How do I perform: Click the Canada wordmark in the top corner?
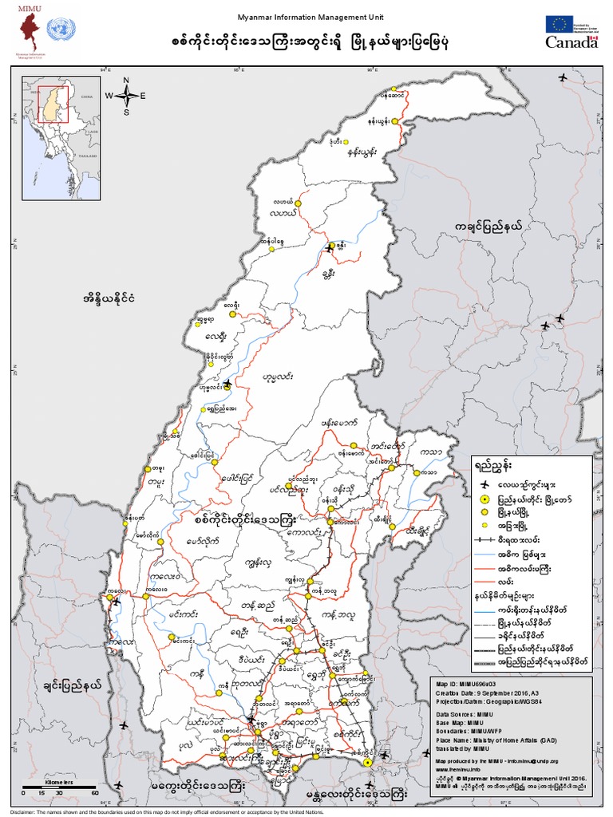coord(571,42)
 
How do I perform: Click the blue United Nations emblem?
coord(57,30)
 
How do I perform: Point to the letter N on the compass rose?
coord(126,81)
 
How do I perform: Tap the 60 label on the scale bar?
coord(94,793)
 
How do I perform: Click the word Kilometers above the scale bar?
coord(59,783)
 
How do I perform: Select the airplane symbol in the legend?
coord(483,483)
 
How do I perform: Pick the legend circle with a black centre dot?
coord(483,499)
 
